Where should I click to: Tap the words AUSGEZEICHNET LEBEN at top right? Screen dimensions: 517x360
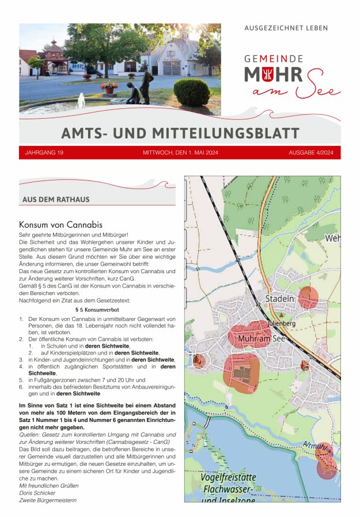(286, 28)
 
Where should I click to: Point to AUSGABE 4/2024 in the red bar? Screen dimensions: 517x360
(311, 153)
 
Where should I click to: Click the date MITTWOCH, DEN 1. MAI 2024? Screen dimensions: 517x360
(180, 153)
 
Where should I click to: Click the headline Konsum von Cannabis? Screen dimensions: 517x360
(60, 224)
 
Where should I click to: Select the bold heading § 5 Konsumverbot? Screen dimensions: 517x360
(97, 310)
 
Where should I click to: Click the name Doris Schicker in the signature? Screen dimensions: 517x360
(37, 493)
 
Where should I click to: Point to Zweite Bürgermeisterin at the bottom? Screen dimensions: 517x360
(48, 500)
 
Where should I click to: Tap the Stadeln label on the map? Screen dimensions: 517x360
(280, 299)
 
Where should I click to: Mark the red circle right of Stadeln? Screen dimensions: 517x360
(308, 297)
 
